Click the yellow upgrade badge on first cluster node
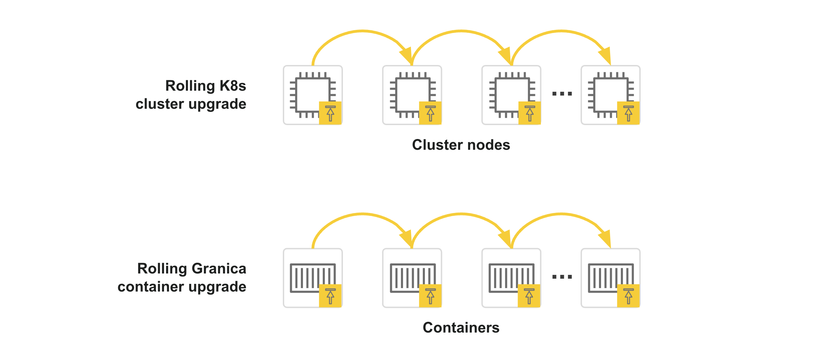330,113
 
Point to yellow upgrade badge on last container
628,296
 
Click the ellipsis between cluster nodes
562,93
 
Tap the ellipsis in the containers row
562,277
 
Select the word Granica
219,269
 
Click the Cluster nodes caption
461,145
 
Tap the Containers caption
461,328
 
